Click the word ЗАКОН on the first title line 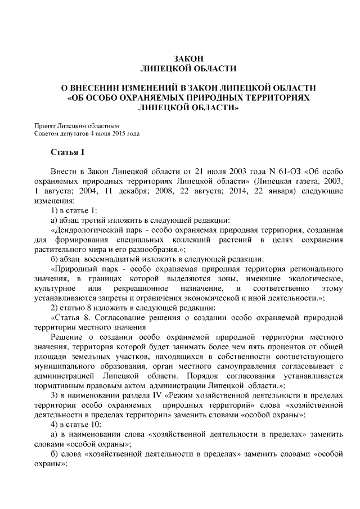[179, 58]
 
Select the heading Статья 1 [67, 152]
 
